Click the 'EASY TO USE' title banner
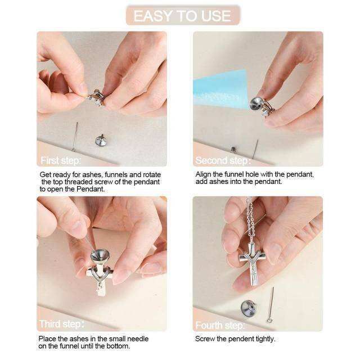tap(183, 15)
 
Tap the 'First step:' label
tap(61, 160)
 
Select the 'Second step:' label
tap(223, 160)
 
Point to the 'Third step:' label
tap(62, 324)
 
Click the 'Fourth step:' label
tap(220, 325)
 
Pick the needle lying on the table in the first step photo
tap(75, 136)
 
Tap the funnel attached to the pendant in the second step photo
tap(256, 103)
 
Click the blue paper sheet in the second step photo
tap(220, 90)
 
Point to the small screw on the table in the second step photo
tap(233, 150)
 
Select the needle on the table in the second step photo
tap(255, 149)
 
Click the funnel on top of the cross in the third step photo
tap(100, 256)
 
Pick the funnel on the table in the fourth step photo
tap(248, 308)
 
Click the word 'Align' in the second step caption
tap(203, 174)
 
